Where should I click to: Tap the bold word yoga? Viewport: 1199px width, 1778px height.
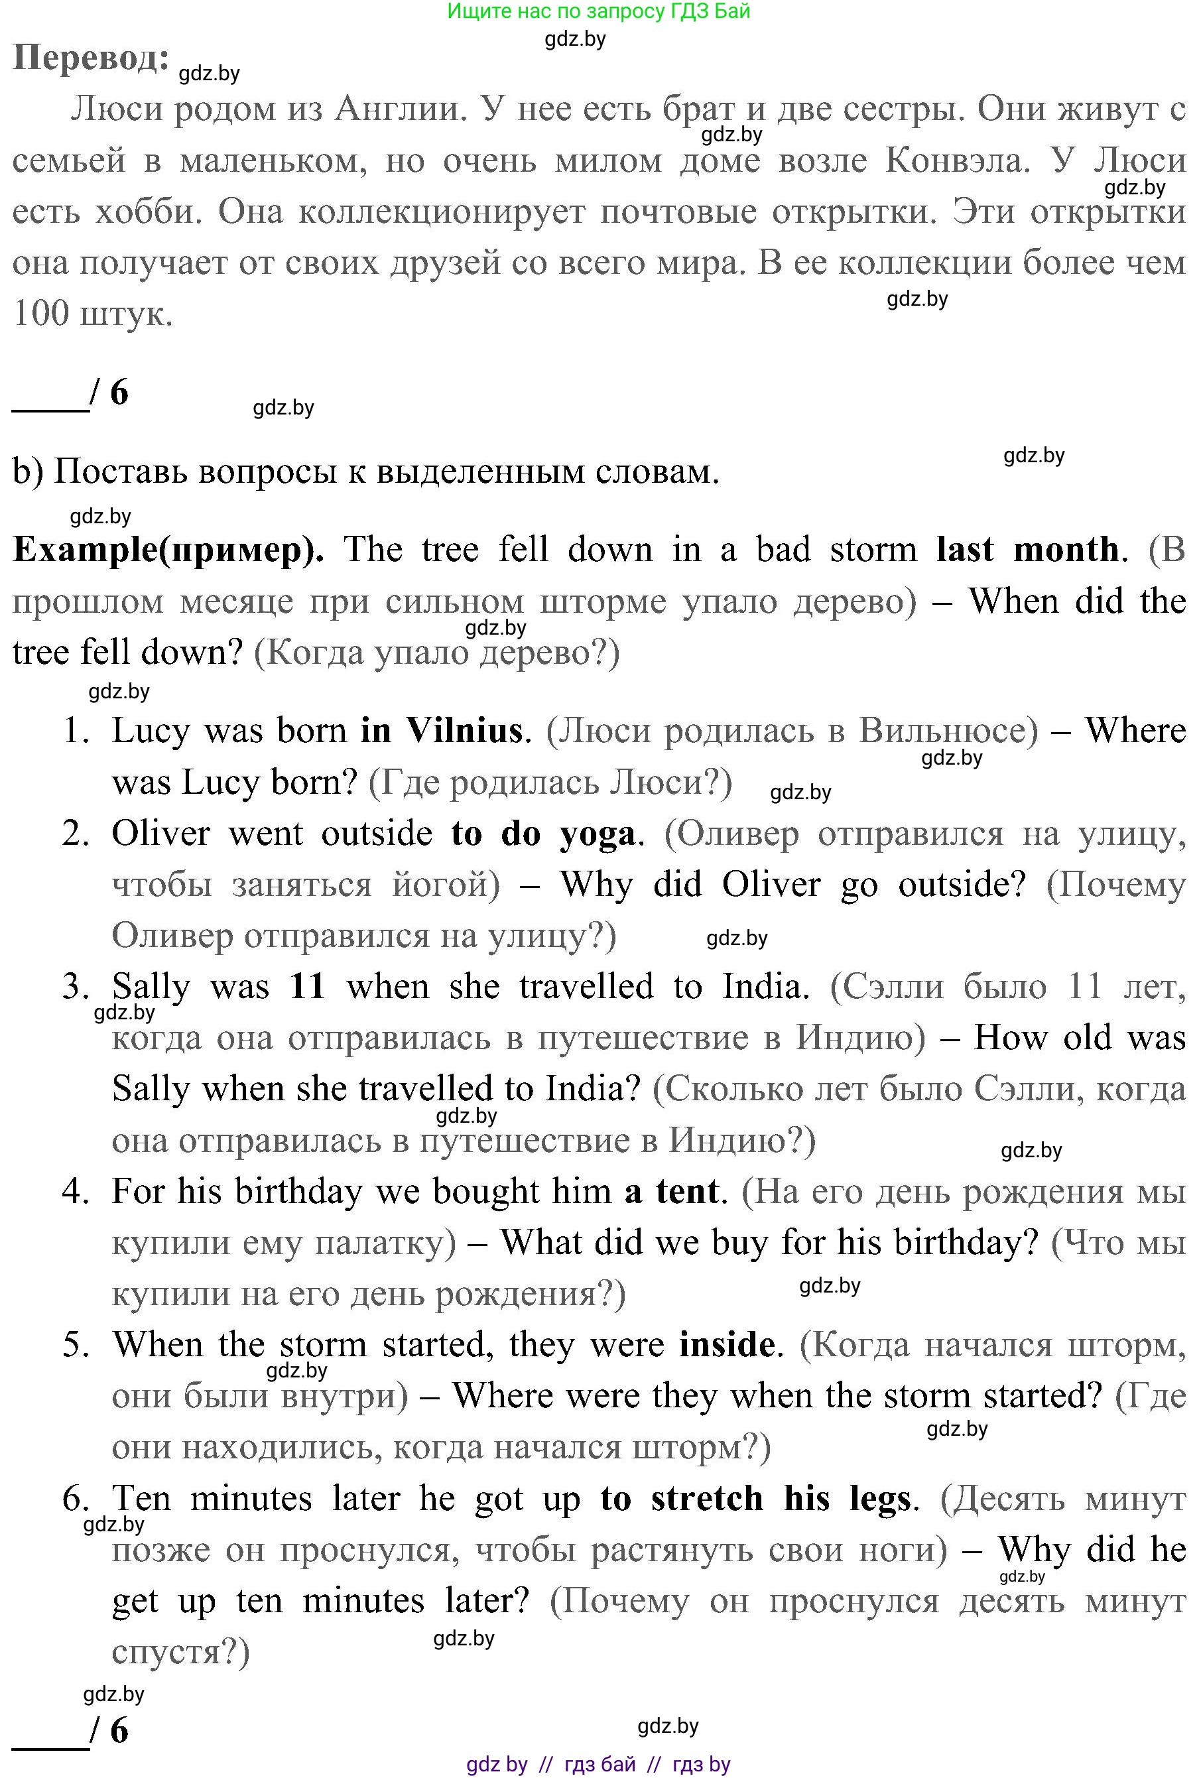pyautogui.click(x=598, y=835)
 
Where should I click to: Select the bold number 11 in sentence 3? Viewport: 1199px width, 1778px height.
pyautogui.click(x=308, y=987)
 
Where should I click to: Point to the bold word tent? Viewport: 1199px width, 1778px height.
pyautogui.click(x=688, y=1192)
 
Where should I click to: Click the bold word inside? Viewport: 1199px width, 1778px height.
pyautogui.click(x=726, y=1344)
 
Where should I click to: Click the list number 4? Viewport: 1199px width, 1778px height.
pyautogui.click(x=76, y=1192)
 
